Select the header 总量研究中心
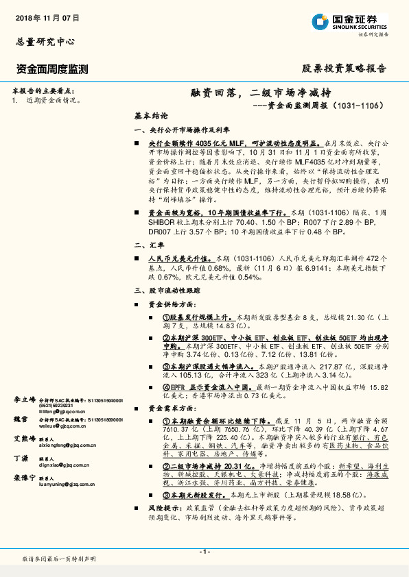[42, 41]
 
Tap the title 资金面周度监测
[51, 69]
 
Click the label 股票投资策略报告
[344, 69]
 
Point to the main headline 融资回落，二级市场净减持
[261, 93]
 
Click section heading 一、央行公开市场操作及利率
[186, 130]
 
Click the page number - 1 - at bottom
[204, 552]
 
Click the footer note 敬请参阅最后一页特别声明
[59, 559]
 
